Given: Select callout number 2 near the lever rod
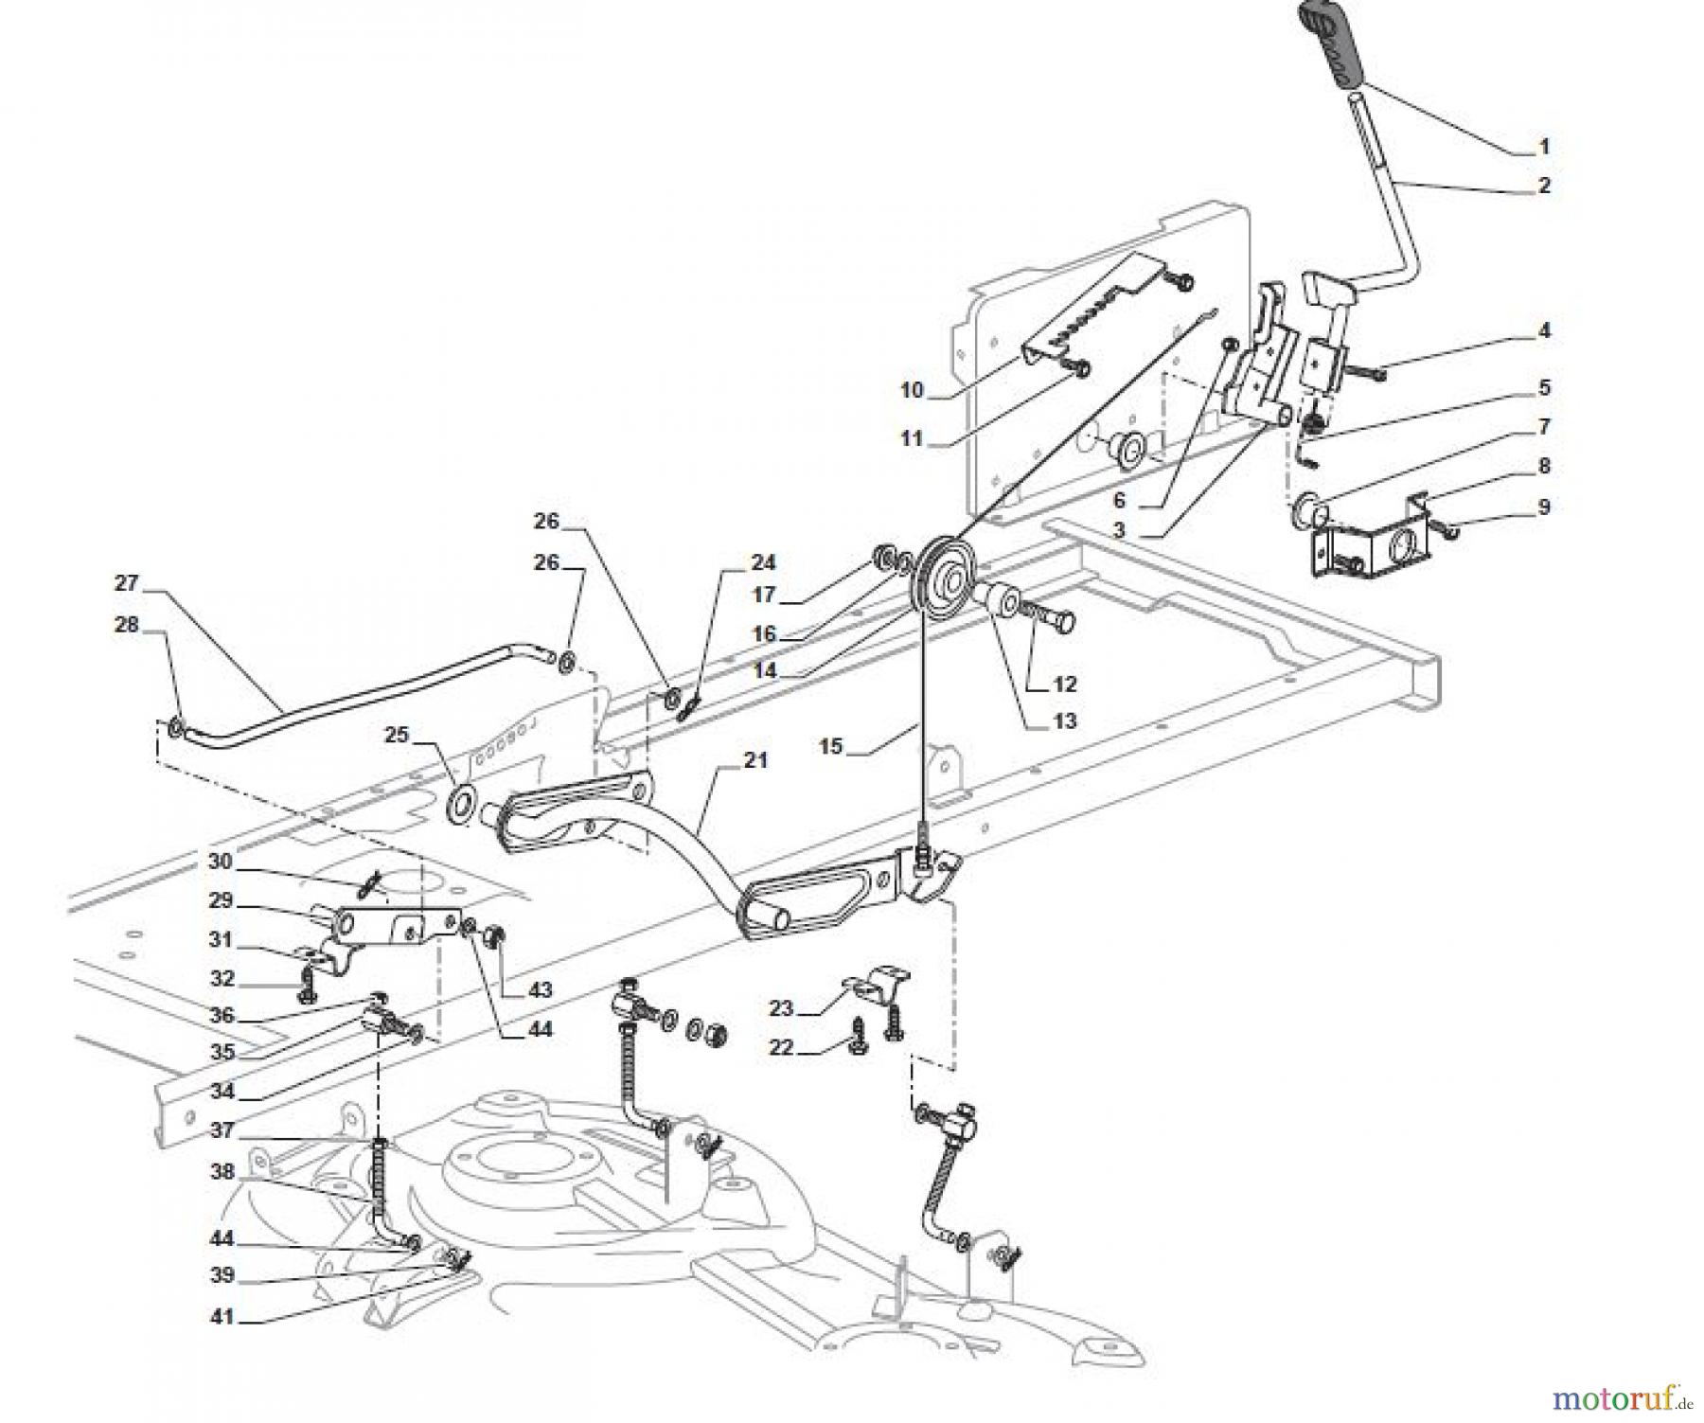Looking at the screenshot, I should point(1544,187).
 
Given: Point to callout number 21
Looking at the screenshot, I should point(755,760).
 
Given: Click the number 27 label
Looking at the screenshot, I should point(126,584).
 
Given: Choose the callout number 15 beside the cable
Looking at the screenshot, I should point(830,747).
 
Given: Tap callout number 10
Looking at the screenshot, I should point(912,390).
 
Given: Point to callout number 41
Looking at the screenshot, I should point(222,1317).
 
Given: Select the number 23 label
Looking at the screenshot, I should point(780,1009).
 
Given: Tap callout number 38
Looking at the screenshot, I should point(222,1172).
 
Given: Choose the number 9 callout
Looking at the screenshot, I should point(1543,507).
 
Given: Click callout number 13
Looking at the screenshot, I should point(1064,721).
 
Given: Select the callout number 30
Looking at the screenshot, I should point(220,862).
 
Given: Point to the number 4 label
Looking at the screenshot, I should point(1544,330).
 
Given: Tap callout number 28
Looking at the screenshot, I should point(126,625).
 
